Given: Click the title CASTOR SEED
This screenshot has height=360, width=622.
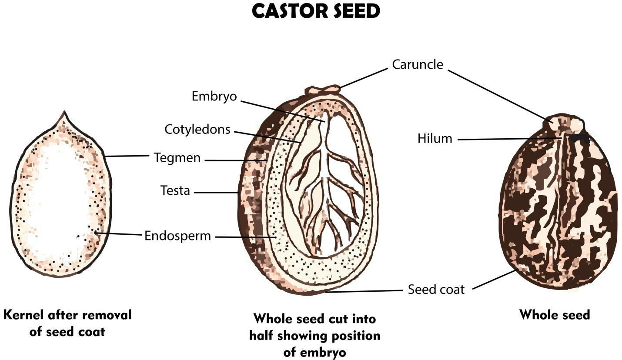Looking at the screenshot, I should pyautogui.click(x=316, y=12).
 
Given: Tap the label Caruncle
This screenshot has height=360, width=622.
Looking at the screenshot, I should pyautogui.click(x=417, y=64).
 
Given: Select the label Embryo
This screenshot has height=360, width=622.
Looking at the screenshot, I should pyautogui.click(x=214, y=96).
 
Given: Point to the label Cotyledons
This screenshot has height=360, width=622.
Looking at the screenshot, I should pyautogui.click(x=197, y=129).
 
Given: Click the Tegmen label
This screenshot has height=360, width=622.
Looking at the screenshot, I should pyautogui.click(x=177, y=158).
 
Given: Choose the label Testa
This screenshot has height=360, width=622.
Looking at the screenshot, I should pyautogui.click(x=175, y=190).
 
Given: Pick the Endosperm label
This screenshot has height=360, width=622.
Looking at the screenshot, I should pyautogui.click(x=177, y=236).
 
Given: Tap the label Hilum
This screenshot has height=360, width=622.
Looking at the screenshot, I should pyautogui.click(x=435, y=139).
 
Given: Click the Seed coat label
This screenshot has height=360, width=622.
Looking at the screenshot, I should pyautogui.click(x=436, y=289).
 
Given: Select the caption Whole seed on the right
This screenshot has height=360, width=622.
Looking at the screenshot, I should pyautogui.click(x=554, y=314).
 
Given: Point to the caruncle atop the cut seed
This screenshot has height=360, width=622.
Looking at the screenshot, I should pyautogui.click(x=322, y=90).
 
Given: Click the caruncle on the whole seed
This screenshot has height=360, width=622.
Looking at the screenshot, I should pyautogui.click(x=563, y=123).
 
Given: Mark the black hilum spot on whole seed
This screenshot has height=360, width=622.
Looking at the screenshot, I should pyautogui.click(x=580, y=137).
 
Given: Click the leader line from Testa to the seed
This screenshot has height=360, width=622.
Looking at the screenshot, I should pyautogui.click(x=216, y=192).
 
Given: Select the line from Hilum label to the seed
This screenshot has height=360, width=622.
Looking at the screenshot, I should pyautogui.click(x=509, y=139).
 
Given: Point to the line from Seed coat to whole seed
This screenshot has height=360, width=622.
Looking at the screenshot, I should pyautogui.click(x=494, y=280).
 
